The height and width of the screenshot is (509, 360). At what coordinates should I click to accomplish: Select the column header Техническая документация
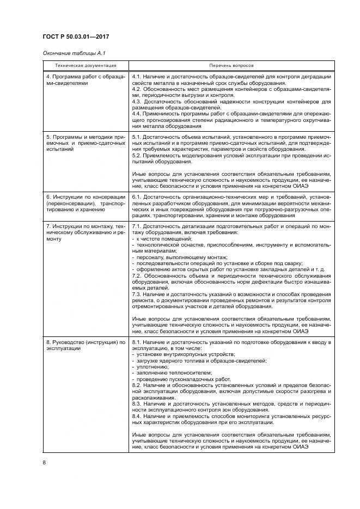[x=85, y=65]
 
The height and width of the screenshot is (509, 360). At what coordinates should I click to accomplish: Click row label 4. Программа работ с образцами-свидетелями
[x=85, y=79]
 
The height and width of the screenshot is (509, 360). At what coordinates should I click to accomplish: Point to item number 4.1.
[x=137, y=76]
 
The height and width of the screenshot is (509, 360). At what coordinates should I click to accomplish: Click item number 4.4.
[x=137, y=113]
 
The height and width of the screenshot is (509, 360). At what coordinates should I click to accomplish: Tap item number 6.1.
[x=137, y=195]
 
